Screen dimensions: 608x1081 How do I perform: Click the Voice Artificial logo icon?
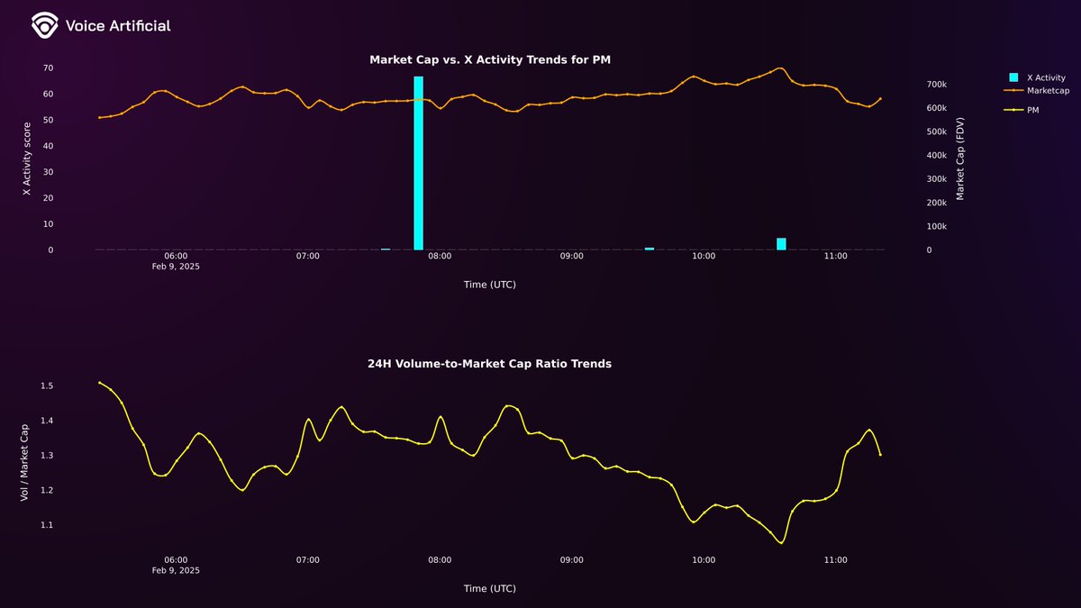[43, 26]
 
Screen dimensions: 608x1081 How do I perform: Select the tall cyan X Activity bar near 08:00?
[418, 163]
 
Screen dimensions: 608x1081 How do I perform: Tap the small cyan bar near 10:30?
[781, 243]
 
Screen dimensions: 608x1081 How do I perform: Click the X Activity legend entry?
[1045, 78]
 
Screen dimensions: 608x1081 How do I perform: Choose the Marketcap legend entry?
[1045, 90]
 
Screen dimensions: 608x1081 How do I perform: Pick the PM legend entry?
[1032, 109]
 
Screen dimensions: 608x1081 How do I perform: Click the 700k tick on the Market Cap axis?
[936, 85]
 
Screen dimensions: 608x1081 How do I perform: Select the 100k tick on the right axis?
[936, 227]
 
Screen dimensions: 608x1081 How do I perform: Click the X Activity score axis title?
[27, 159]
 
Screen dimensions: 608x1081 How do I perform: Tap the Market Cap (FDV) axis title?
[960, 159]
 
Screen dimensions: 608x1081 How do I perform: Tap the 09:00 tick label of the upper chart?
[571, 257]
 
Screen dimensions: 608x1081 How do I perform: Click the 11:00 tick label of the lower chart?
[835, 560]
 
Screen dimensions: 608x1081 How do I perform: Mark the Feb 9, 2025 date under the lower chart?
[176, 571]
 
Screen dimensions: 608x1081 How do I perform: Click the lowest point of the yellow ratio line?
[781, 543]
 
